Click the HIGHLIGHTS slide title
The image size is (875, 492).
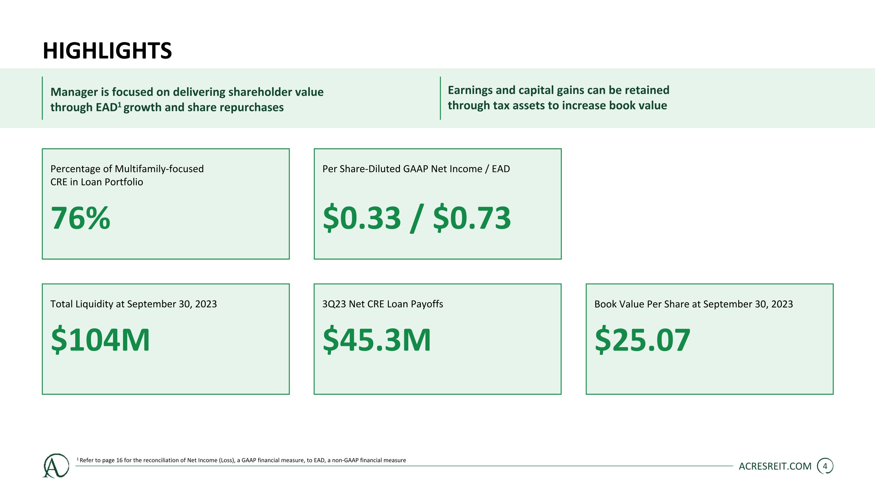(x=107, y=51)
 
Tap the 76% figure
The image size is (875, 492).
(x=80, y=218)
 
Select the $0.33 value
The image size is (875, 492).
(x=362, y=218)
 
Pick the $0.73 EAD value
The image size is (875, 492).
(x=472, y=218)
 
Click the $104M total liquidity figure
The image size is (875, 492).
(x=100, y=339)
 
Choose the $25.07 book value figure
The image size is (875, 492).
(x=643, y=339)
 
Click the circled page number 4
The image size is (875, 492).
(x=825, y=466)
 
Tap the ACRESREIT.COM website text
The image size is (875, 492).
(x=775, y=466)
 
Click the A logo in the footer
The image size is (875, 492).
(x=56, y=465)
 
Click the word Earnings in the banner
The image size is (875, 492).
(x=470, y=90)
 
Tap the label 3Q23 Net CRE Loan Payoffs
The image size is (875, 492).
(x=382, y=304)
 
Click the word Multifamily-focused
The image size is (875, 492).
(x=159, y=169)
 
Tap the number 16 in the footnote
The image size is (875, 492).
(x=119, y=461)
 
